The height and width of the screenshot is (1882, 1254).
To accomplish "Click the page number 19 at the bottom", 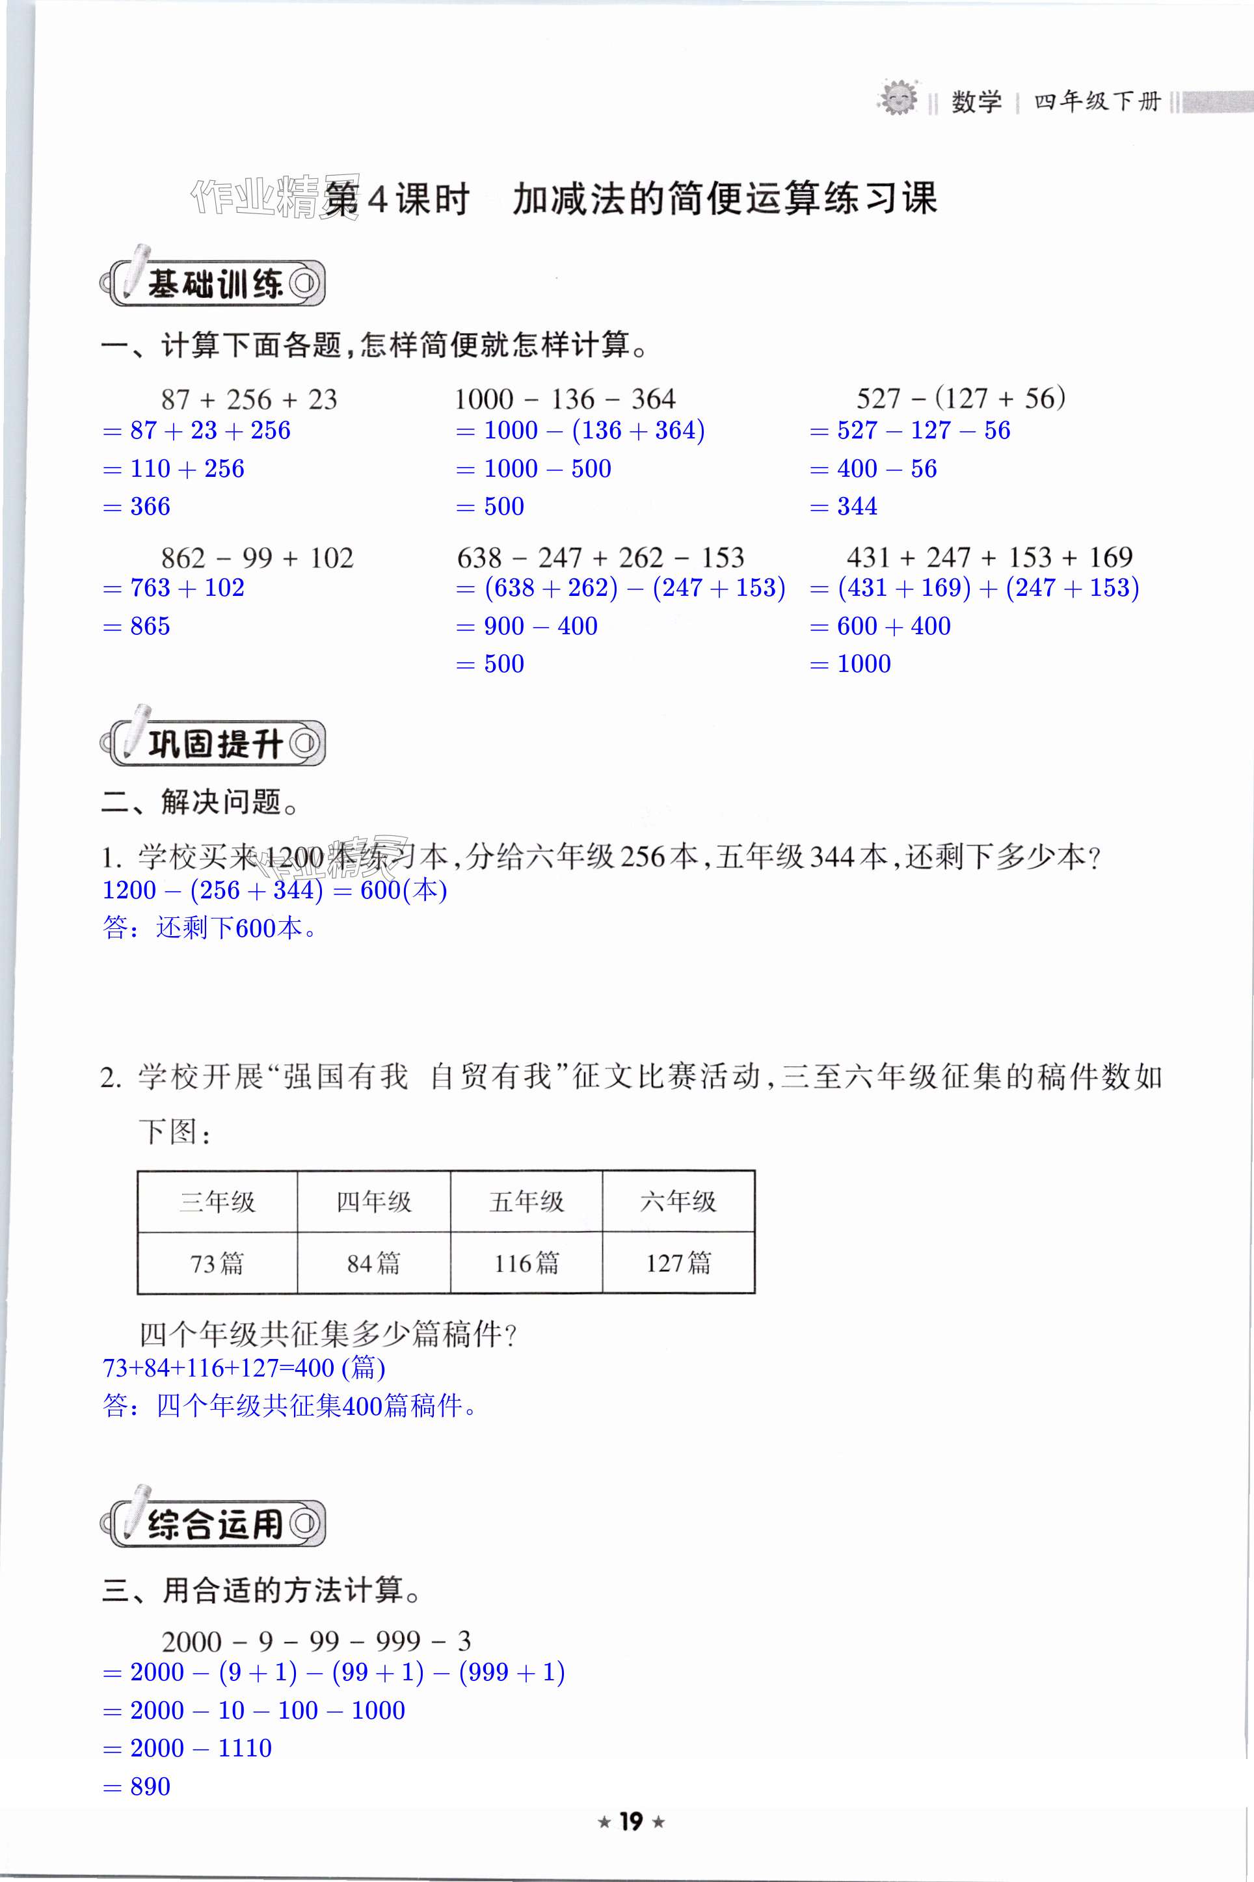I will coord(631,1822).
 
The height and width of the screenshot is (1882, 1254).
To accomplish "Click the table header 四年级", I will coord(373,1202).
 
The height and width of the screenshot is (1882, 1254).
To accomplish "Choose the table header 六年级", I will coord(678,1202).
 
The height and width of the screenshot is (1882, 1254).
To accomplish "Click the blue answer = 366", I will coord(137,506).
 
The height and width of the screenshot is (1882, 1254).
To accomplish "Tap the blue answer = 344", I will coord(844,506).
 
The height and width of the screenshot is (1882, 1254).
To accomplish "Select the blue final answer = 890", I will coord(137,1786).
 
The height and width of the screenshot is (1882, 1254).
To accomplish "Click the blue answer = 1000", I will coord(850,664).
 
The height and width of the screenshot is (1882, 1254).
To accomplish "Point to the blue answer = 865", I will coord(137,626).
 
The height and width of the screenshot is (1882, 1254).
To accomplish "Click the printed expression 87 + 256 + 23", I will coord(248,399).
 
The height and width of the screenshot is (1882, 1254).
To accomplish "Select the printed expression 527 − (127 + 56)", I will coord(961,397).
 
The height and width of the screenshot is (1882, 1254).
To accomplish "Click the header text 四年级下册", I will coord(1097,101).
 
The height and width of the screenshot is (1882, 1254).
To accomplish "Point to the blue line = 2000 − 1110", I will coord(188,1747).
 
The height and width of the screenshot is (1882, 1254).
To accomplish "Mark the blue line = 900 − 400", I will coord(527,626).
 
